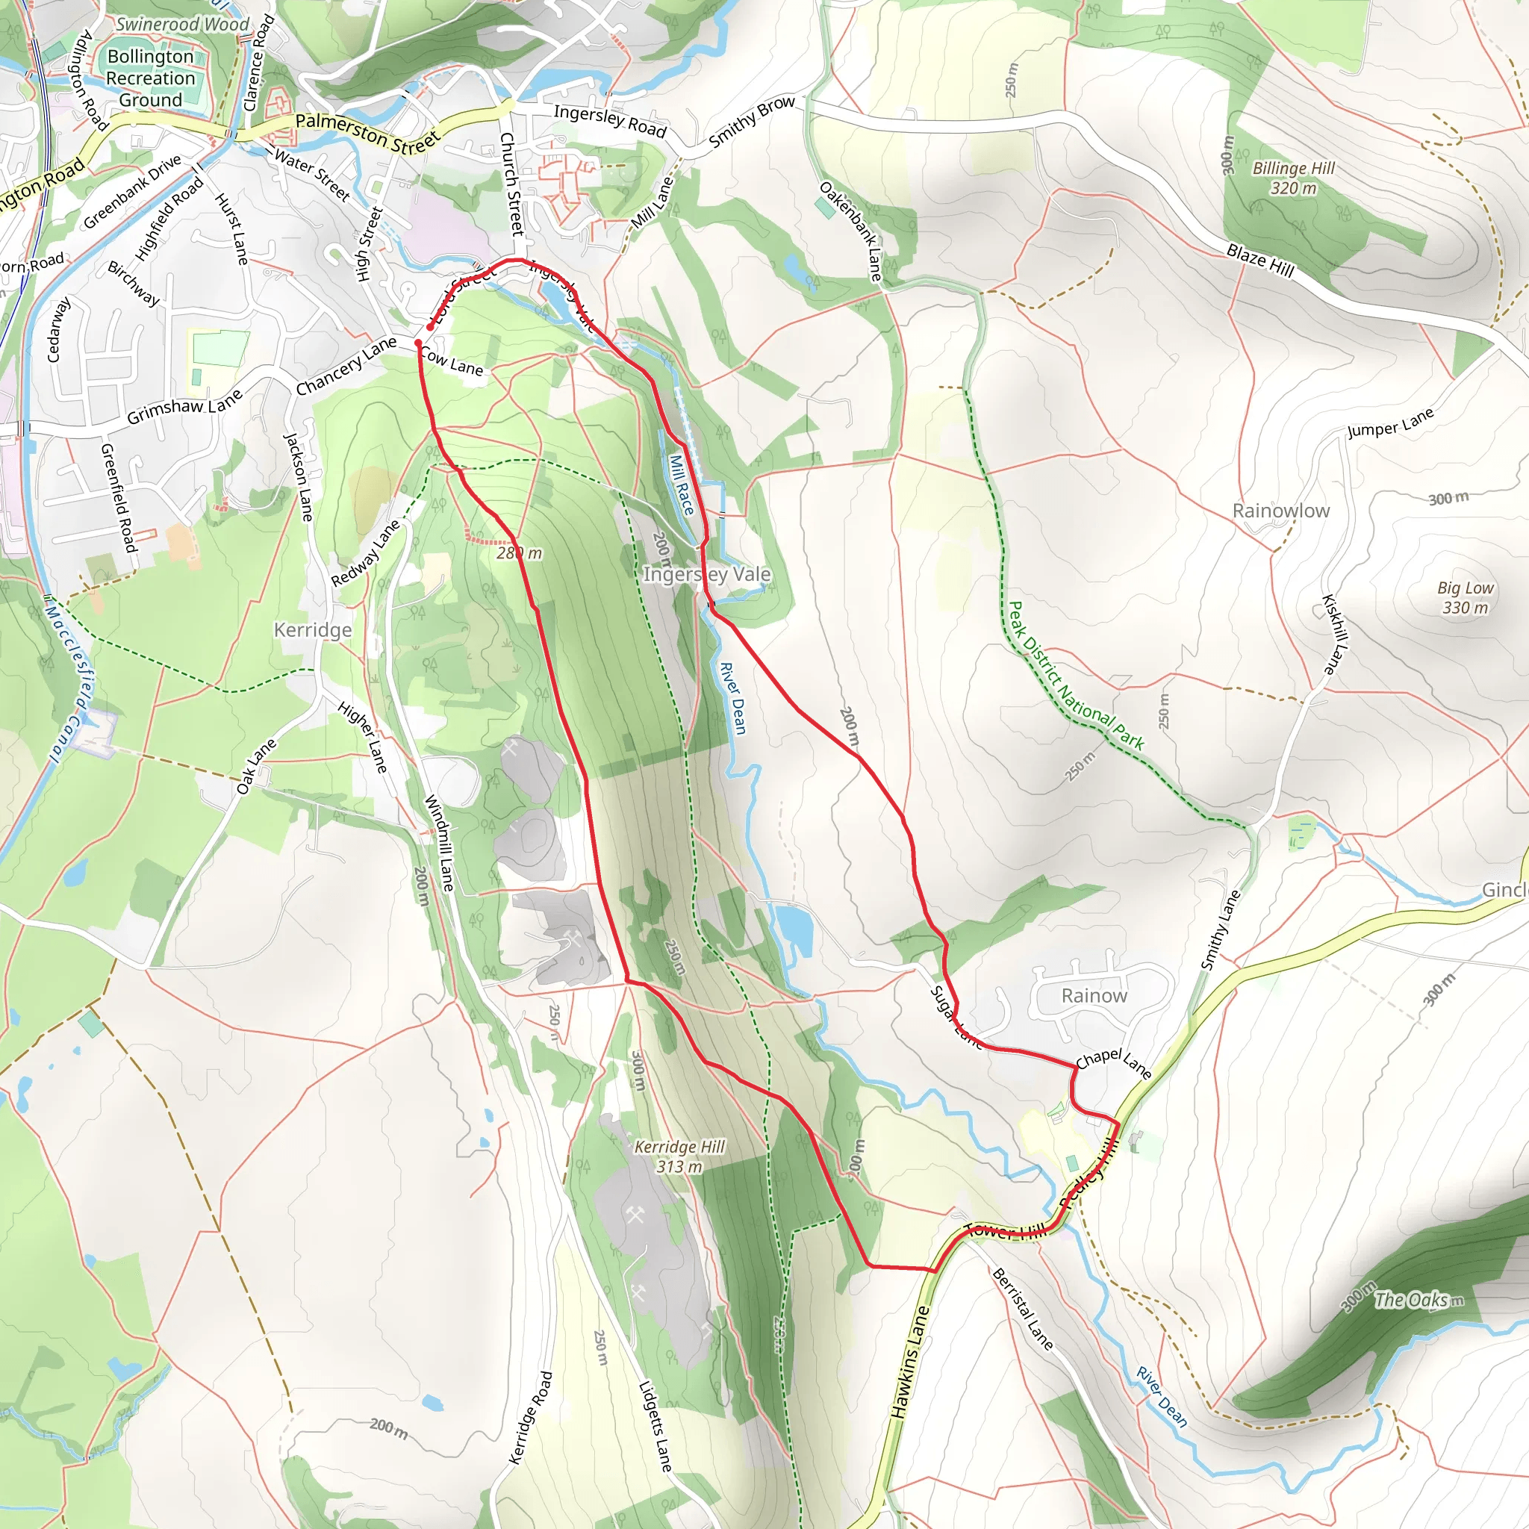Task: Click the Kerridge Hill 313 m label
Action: [x=679, y=1156]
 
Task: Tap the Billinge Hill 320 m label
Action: [x=1293, y=178]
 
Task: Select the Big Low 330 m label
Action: [x=1465, y=597]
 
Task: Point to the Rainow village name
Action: [x=1094, y=996]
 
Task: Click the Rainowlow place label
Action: [x=1280, y=511]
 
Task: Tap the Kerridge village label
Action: [x=313, y=630]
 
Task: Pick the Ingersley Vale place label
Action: [x=706, y=574]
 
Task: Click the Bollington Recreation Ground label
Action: [x=150, y=78]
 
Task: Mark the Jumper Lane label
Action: [x=1390, y=423]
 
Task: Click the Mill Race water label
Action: [x=682, y=485]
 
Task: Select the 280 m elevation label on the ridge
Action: [x=519, y=553]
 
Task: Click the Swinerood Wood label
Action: [x=182, y=25]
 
